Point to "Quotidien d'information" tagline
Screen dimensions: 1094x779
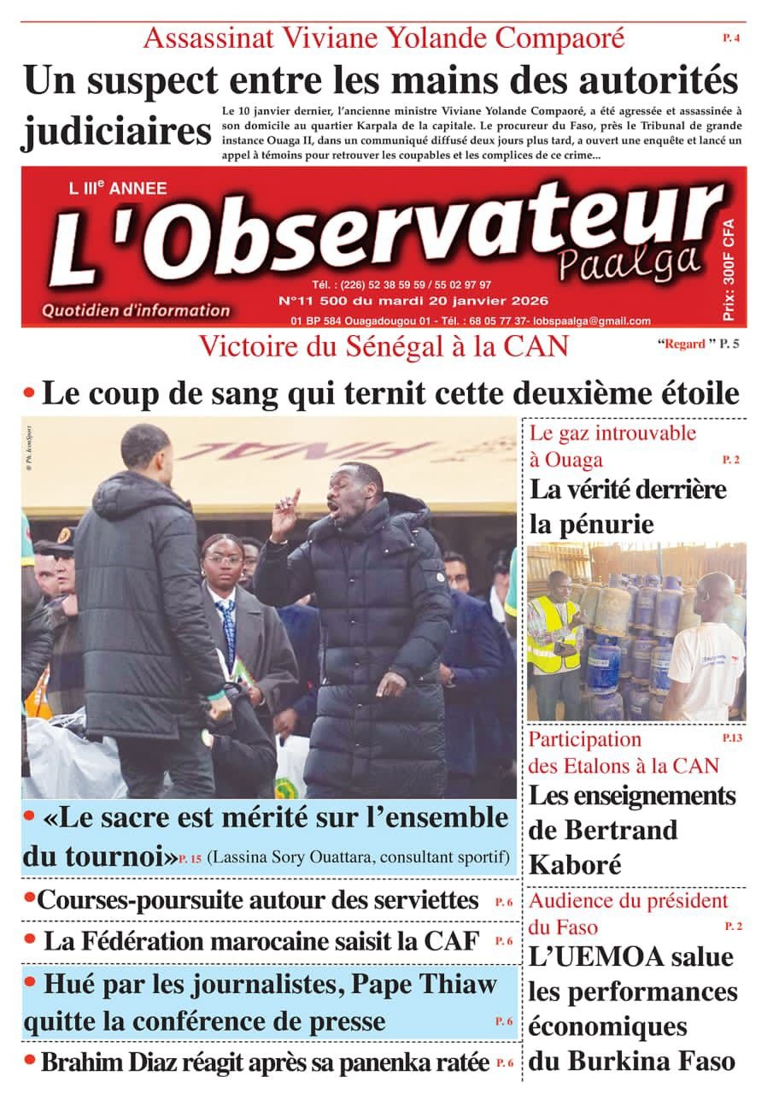pos(137,311)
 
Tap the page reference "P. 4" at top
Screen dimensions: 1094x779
pos(731,38)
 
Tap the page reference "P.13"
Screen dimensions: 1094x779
pos(732,738)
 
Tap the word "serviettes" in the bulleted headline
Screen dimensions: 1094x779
pos(417,899)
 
